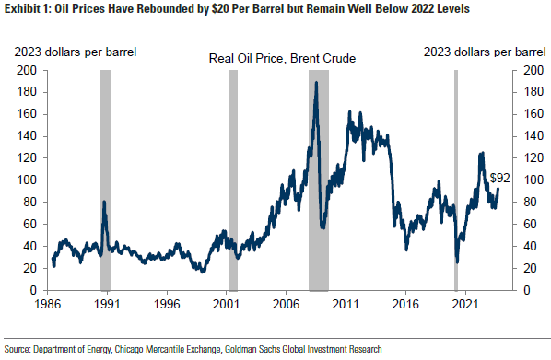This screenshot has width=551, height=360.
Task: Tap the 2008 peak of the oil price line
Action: point(316,83)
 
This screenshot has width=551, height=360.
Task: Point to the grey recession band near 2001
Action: point(232,180)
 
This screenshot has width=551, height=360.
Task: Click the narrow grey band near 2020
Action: point(455,180)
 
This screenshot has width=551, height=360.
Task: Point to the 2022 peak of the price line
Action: point(481,154)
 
